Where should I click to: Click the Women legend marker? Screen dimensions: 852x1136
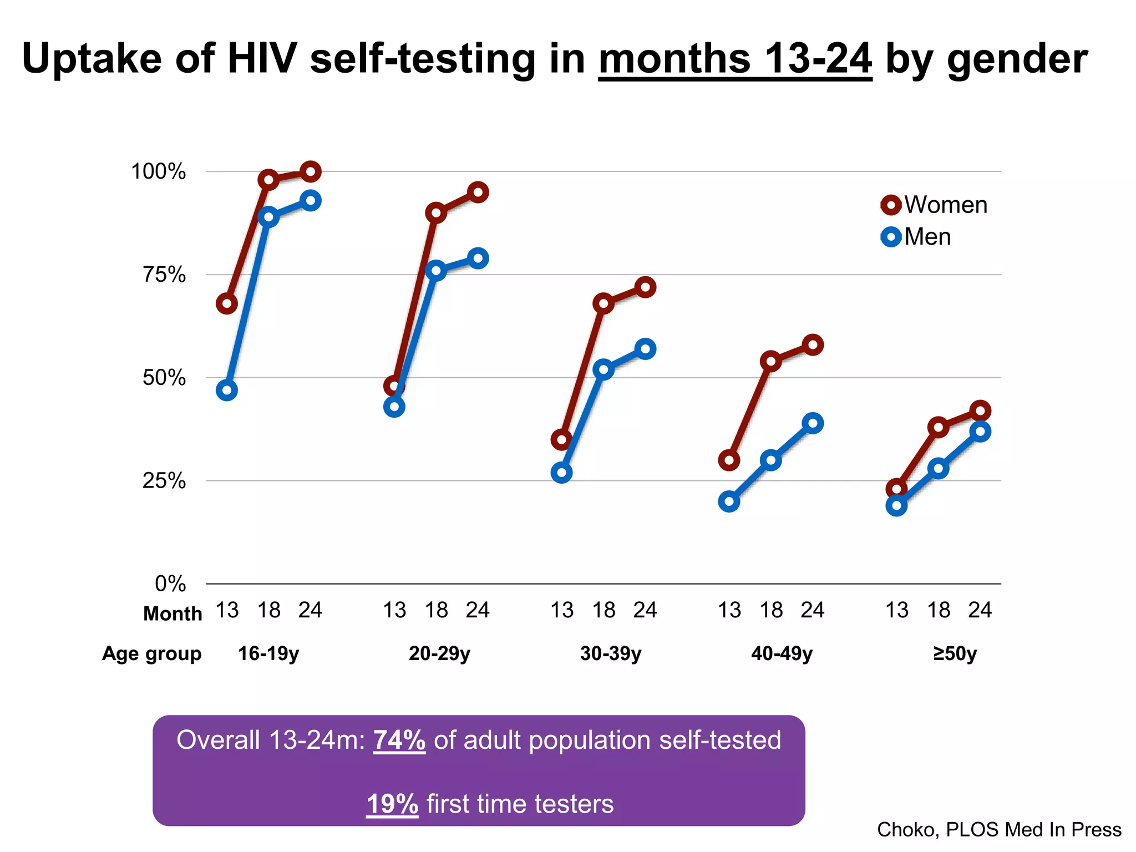pyautogui.click(x=891, y=205)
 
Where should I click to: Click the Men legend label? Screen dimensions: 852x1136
pyautogui.click(x=927, y=237)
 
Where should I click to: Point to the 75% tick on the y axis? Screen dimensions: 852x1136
pyautogui.click(x=164, y=274)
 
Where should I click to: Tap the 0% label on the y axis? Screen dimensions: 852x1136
pyautogui.click(x=170, y=584)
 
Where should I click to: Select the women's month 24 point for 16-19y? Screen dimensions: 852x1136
pyautogui.click(x=311, y=172)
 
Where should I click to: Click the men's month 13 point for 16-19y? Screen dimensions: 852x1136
pyautogui.click(x=227, y=390)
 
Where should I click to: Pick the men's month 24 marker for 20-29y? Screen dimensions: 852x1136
pyautogui.click(x=478, y=258)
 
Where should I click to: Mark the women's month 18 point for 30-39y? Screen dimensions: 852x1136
pyautogui.click(x=603, y=304)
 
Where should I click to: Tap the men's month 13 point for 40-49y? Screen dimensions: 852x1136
pyautogui.click(x=729, y=502)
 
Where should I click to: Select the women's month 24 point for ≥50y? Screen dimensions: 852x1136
pyautogui.click(x=980, y=411)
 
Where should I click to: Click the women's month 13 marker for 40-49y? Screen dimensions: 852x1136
pyautogui.click(x=729, y=460)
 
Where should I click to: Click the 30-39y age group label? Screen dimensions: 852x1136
pyautogui.click(x=611, y=653)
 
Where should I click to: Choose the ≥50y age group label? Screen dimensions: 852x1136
pyautogui.click(x=955, y=653)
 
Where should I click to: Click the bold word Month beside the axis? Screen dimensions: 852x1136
pyautogui.click(x=173, y=614)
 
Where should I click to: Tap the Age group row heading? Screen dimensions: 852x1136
pyautogui.click(x=151, y=653)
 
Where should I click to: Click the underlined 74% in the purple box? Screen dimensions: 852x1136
pyautogui.click(x=399, y=740)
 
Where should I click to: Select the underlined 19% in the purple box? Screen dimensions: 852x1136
pyautogui.click(x=392, y=804)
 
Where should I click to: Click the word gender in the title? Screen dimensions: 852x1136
pyautogui.click(x=1017, y=59)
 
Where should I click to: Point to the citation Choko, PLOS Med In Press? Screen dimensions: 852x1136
pyautogui.click(x=999, y=829)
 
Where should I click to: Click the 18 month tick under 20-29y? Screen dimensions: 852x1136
pyautogui.click(x=436, y=610)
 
